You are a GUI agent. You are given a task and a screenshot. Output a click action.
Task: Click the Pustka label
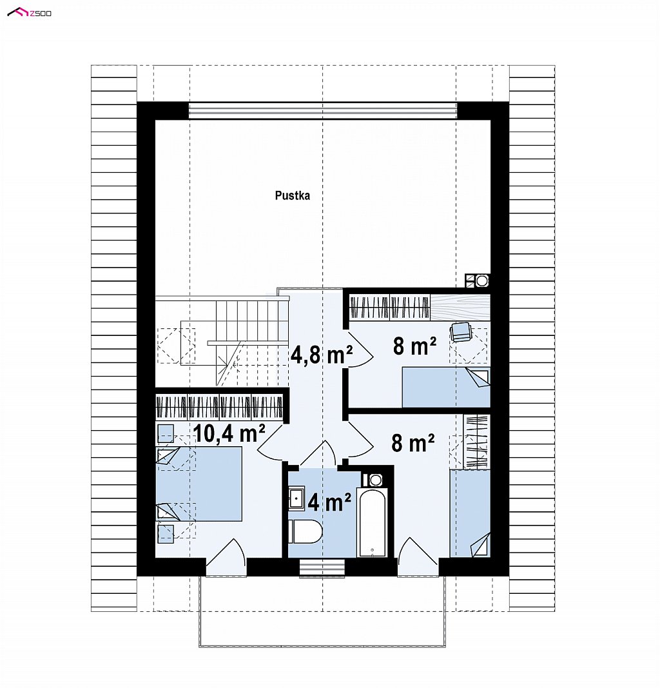coord(292,195)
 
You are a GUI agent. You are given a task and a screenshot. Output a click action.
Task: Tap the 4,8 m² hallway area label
coord(322,355)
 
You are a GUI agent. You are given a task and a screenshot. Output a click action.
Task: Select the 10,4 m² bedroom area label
coord(229,433)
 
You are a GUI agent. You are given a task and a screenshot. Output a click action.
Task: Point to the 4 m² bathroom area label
coord(329,502)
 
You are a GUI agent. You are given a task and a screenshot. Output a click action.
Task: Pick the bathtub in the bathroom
coord(372,521)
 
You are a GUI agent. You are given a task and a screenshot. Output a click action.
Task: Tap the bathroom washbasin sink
coord(297,498)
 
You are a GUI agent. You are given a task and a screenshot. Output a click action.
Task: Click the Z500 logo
coord(30,13)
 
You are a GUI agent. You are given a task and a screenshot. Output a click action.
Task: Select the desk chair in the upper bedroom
coord(460,331)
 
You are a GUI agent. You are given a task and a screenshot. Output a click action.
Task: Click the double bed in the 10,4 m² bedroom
coord(199,484)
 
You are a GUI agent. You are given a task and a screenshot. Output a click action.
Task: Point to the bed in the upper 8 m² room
coord(446,387)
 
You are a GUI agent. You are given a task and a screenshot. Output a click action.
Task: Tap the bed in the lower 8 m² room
coord(470,513)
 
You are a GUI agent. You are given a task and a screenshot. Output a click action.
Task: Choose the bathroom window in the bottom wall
coord(322,567)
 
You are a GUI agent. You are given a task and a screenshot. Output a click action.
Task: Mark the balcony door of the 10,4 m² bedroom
coord(226,557)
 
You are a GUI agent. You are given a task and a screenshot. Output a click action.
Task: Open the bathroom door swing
coord(319,453)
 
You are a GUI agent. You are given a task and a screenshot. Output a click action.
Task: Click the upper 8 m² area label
coord(414,346)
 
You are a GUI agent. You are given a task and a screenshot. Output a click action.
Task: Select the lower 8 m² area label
coord(412,443)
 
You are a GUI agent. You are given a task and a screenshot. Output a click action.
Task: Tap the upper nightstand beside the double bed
coord(166,433)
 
